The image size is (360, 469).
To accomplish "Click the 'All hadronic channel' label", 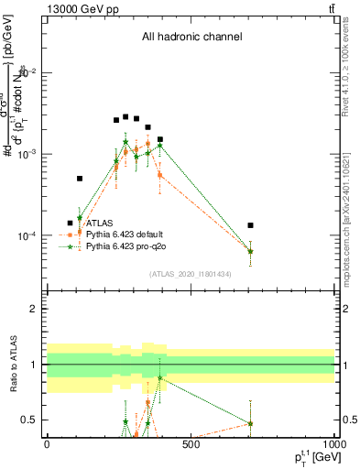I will pyautogui.click(x=191, y=38).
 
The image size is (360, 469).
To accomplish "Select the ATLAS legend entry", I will pyautogui.click(x=102, y=223).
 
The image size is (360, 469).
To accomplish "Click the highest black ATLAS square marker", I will pyautogui.click(x=125, y=116).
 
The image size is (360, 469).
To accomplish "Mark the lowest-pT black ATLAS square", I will pyautogui.click(x=70, y=223).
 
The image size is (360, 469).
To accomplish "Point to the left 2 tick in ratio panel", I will pyautogui.click(x=34, y=309).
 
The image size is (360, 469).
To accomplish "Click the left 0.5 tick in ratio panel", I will pyautogui.click(x=29, y=420).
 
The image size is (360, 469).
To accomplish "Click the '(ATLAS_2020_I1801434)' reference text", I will pyautogui.click(x=189, y=274).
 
